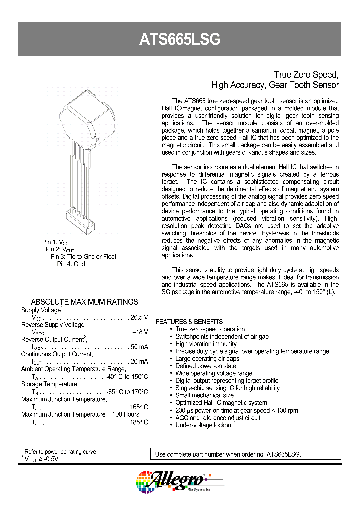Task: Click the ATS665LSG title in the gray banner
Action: (x=180, y=40)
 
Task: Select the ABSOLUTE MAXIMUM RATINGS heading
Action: (x=84, y=302)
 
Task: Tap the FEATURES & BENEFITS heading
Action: (x=189, y=322)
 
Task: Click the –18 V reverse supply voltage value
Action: (x=140, y=332)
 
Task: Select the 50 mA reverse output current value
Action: (x=139, y=347)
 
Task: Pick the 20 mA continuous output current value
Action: (x=139, y=361)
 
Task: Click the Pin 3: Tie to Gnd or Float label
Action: (x=83, y=256)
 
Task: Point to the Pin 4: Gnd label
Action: (x=71, y=264)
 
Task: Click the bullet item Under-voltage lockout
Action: (x=204, y=425)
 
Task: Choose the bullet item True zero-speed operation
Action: (x=210, y=329)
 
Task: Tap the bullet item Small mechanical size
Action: (x=204, y=395)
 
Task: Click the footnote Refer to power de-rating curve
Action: (x=60, y=451)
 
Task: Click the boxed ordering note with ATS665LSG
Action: (x=245, y=454)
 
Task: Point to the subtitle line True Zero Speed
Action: (x=307, y=74)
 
